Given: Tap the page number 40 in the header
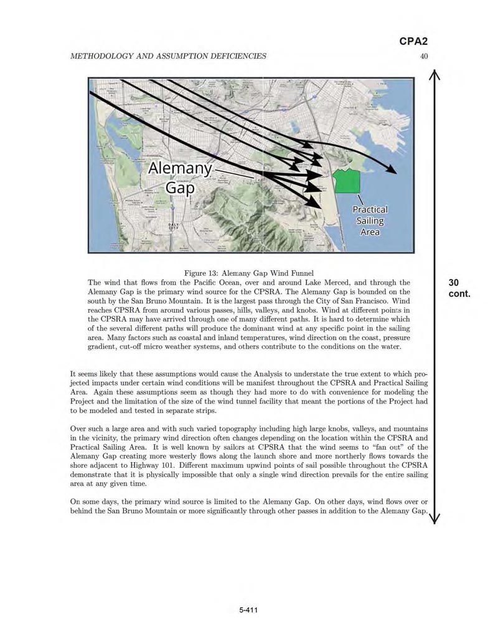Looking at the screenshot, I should point(424,56).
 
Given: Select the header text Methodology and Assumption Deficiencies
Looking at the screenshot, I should point(169,56).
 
